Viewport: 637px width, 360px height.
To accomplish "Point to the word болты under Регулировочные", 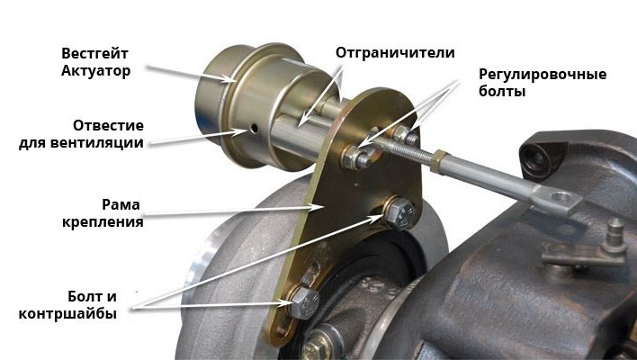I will [502, 92].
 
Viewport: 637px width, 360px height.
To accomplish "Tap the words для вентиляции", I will [81, 143].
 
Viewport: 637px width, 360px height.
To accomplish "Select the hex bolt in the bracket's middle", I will [398, 214].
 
